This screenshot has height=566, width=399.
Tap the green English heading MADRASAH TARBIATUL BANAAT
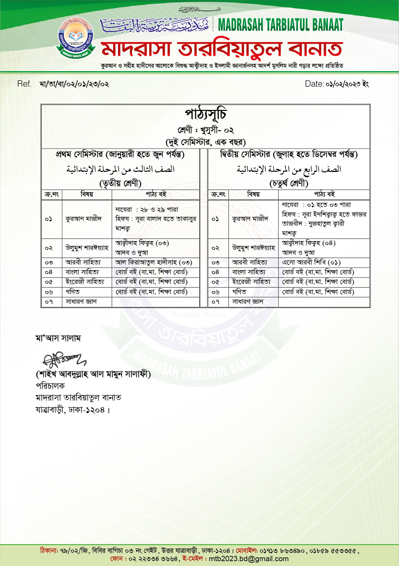[281, 25]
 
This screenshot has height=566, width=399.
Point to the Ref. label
[24, 84]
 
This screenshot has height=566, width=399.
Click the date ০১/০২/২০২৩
[340, 84]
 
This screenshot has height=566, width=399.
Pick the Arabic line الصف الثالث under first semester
[120, 170]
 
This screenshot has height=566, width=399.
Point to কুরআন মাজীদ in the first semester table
[83, 219]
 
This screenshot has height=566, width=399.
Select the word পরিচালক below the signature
[50, 386]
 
